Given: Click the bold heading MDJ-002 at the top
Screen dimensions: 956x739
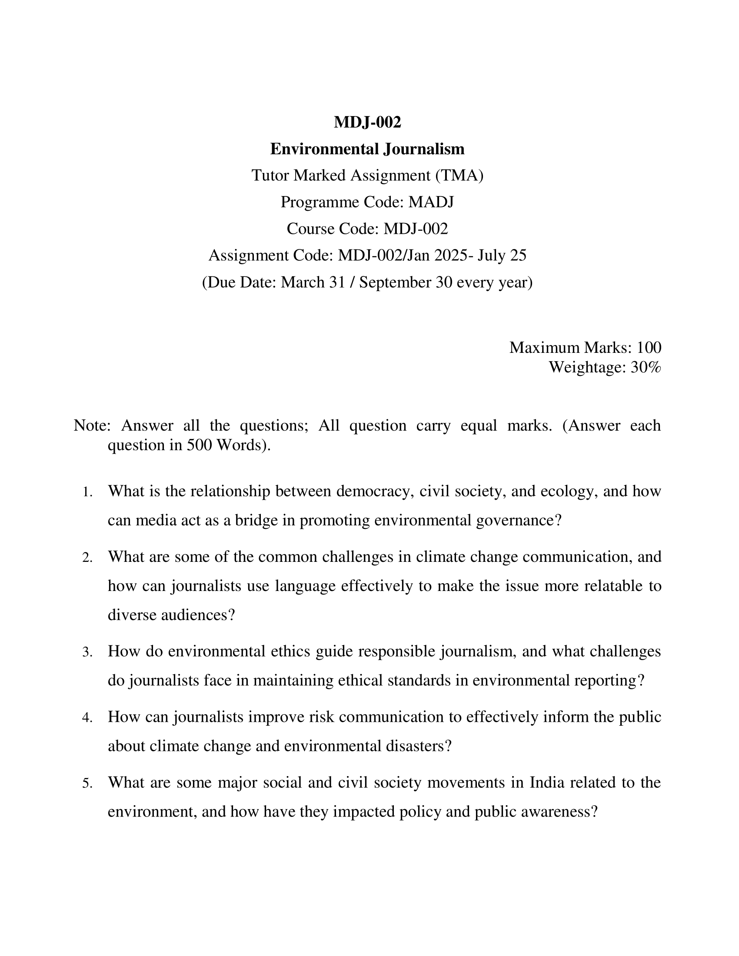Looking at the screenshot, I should tap(367, 122).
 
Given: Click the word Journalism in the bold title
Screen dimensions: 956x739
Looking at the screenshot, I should tap(424, 149).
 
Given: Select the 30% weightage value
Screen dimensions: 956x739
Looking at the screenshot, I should tap(646, 367).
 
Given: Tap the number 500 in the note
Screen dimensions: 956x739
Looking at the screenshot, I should tap(200, 445).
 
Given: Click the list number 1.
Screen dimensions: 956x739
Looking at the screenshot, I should tap(87, 492).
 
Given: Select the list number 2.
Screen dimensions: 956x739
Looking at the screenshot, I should tap(87, 558).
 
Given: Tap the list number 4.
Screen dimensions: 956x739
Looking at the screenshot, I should tap(87, 718).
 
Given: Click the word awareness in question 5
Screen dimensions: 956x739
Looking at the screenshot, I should tap(556, 812).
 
